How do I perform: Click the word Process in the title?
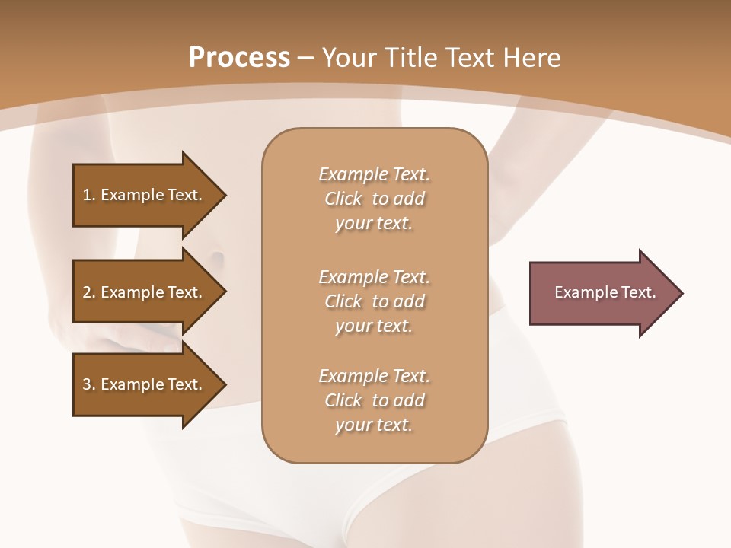pos(239,58)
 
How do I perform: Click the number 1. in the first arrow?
pos(89,195)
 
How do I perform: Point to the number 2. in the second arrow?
pos(89,292)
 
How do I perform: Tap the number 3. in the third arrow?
pos(89,384)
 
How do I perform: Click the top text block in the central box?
pos(374,199)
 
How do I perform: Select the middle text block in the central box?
pos(374,301)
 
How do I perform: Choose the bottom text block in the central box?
pos(374,400)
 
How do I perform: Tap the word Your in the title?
pos(348,58)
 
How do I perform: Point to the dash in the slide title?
pos(305,59)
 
